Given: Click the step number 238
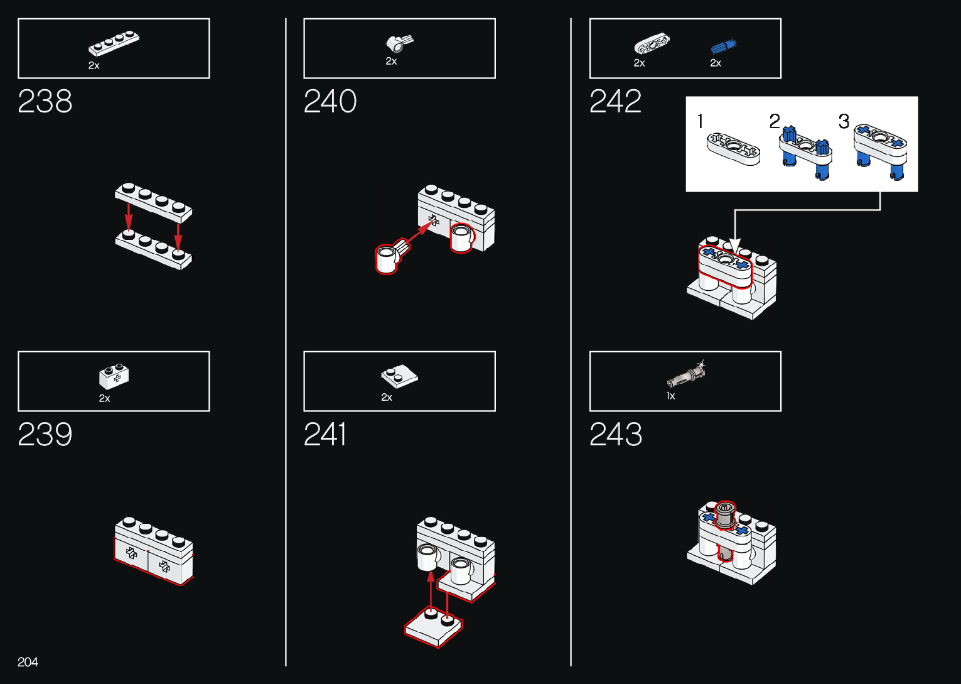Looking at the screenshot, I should coord(45,101).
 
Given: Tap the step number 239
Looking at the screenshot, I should coord(45,434).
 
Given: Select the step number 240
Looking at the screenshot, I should coord(330,101).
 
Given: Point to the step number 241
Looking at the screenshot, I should coord(325,434).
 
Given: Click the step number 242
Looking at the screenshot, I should coord(615,101).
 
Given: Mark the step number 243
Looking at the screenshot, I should coord(616,434).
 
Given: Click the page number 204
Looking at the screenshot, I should coord(28,662).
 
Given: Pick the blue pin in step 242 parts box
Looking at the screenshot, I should coord(723,46).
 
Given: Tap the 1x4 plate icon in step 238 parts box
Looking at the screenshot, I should coord(114,43).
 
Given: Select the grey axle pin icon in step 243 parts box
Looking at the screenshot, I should coord(686,375).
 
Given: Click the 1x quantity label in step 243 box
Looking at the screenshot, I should coord(670,396).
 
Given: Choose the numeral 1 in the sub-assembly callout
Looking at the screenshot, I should coord(701,121).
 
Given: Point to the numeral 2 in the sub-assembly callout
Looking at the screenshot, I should coord(775,121).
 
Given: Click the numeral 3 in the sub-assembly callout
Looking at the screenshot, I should coord(844,121).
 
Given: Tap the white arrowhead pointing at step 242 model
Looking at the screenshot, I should coord(735,246).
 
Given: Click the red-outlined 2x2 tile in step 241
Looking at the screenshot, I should coord(433,625).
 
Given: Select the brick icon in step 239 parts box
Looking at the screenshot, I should coord(114,377).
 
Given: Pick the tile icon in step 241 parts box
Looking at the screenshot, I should coord(399,376).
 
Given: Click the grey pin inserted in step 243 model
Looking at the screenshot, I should coord(725,516).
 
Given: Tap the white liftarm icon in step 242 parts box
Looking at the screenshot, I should coord(652,45).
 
